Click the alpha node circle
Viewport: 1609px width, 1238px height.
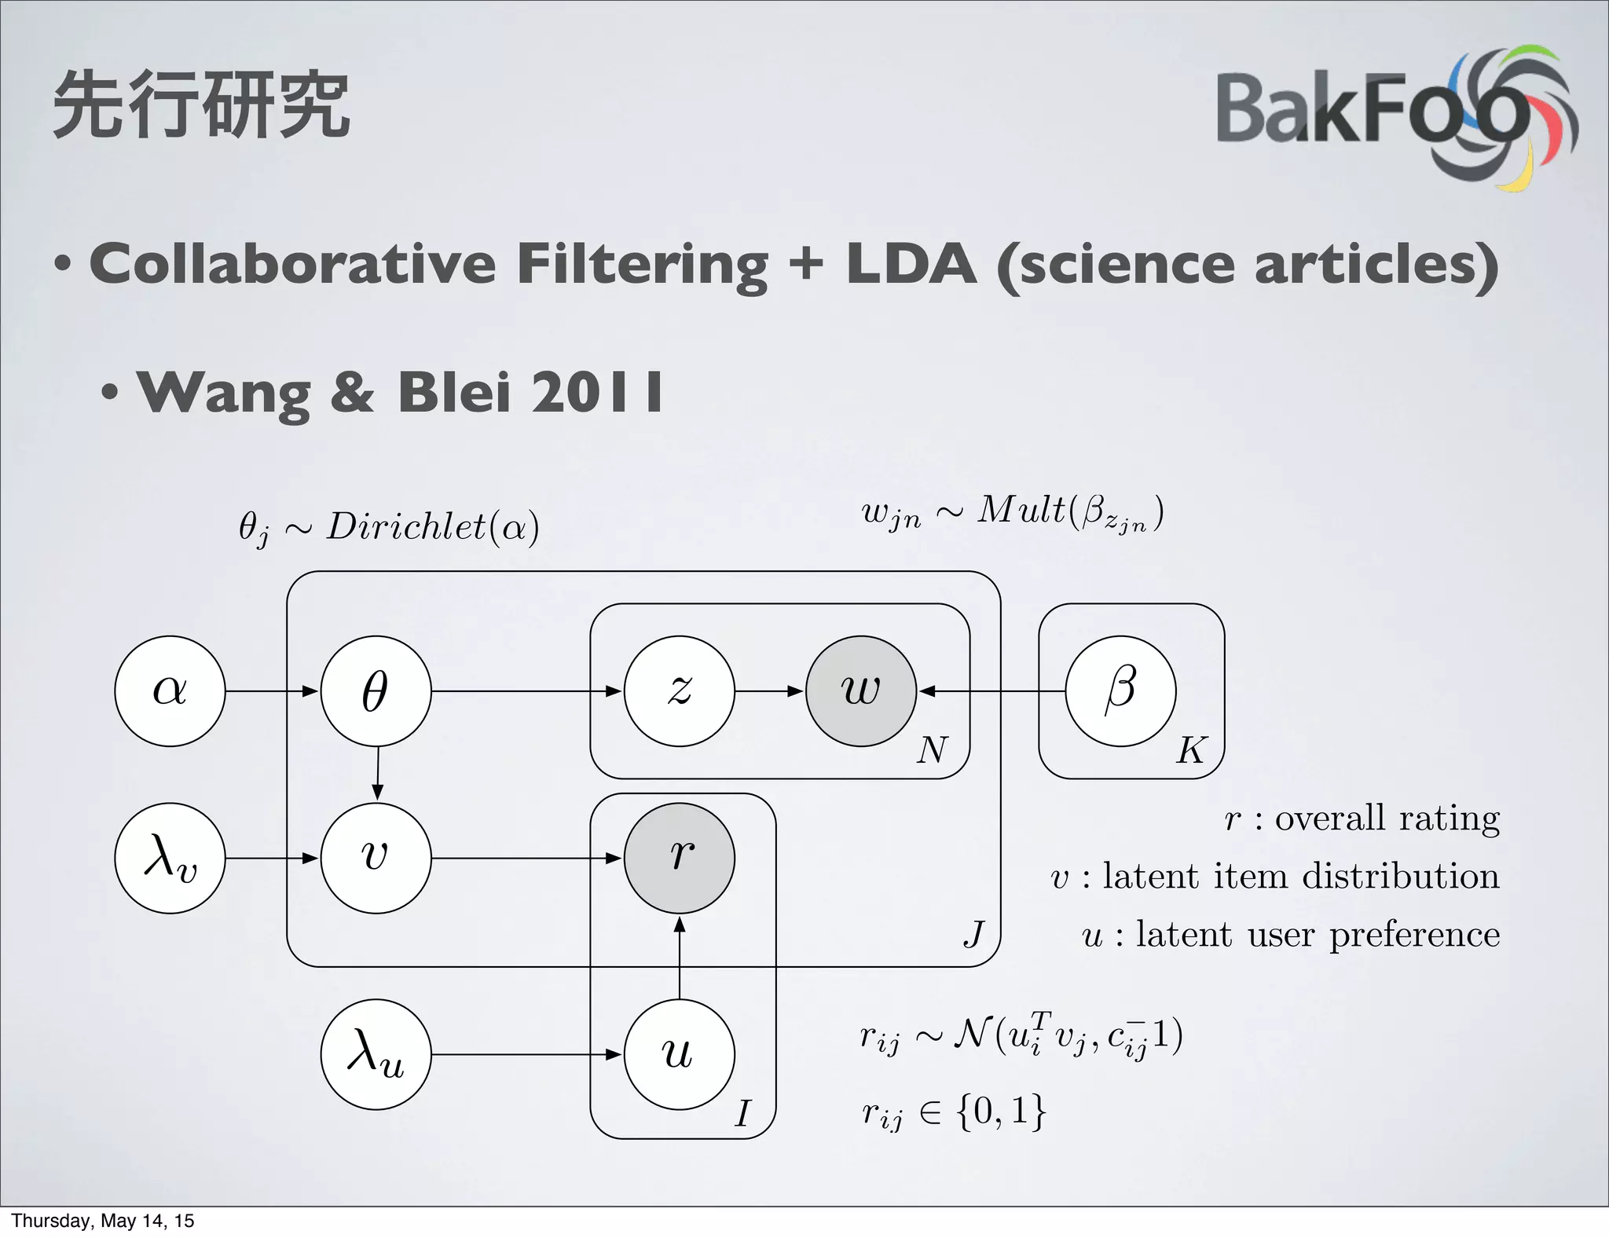pyautogui.click(x=170, y=690)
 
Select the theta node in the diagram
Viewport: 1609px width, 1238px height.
pyautogui.click(x=376, y=690)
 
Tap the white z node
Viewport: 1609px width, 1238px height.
pyautogui.click(x=679, y=690)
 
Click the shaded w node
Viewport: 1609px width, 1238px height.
pyautogui.click(x=861, y=690)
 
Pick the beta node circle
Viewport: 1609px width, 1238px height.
pyautogui.click(x=1120, y=690)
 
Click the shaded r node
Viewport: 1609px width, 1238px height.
pyautogui.click(x=679, y=857)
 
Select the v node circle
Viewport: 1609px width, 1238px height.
pyautogui.click(x=376, y=857)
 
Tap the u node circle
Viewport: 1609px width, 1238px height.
pyautogui.click(x=679, y=1053)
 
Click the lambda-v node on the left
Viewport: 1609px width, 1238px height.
pyautogui.click(x=170, y=857)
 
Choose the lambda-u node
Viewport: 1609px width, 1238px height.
pyautogui.click(x=376, y=1053)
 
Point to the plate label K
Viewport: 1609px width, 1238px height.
pyautogui.click(x=1190, y=751)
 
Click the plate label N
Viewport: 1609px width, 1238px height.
pyautogui.click(x=933, y=750)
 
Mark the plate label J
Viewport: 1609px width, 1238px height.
pyautogui.click(x=974, y=934)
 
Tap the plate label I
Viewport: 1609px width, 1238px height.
pyautogui.click(x=742, y=1113)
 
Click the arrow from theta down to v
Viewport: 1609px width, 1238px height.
pyautogui.click(x=377, y=774)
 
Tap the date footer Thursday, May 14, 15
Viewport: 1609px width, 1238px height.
pyautogui.click(x=102, y=1221)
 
